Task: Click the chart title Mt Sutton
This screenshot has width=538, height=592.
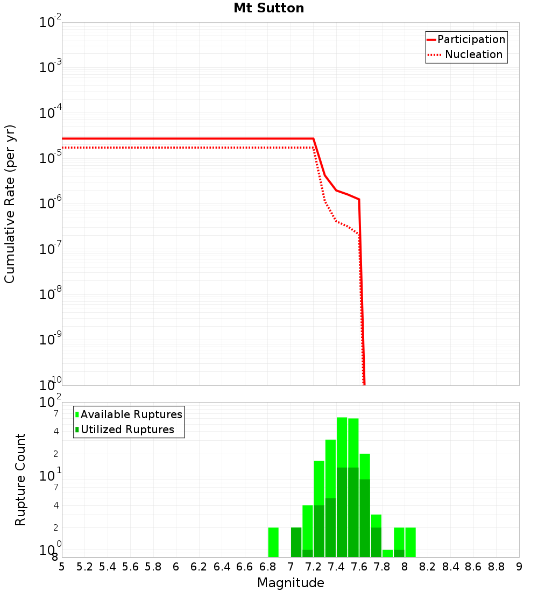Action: (268, 9)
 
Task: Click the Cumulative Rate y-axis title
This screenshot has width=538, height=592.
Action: (10, 203)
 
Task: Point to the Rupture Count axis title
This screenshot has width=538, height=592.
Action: (20, 479)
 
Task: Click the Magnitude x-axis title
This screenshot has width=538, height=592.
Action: (291, 583)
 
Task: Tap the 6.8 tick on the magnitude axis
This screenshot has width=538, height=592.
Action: (267, 566)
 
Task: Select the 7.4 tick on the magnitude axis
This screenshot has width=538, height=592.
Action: (336, 566)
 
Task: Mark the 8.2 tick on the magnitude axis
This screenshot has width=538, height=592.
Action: (428, 566)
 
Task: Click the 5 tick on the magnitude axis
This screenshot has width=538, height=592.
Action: (62, 566)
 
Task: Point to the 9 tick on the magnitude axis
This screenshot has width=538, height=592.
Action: (519, 566)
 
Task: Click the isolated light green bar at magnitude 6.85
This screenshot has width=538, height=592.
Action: (273, 542)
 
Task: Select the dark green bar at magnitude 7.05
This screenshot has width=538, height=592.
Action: (296, 542)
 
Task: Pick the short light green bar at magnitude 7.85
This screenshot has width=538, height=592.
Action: (387, 553)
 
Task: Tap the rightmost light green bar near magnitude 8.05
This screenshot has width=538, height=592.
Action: (410, 542)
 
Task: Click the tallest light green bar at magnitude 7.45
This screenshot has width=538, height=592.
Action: (342, 441)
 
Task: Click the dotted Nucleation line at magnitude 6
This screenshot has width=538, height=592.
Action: (176, 147)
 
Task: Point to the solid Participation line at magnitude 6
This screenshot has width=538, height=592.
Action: (176, 138)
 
